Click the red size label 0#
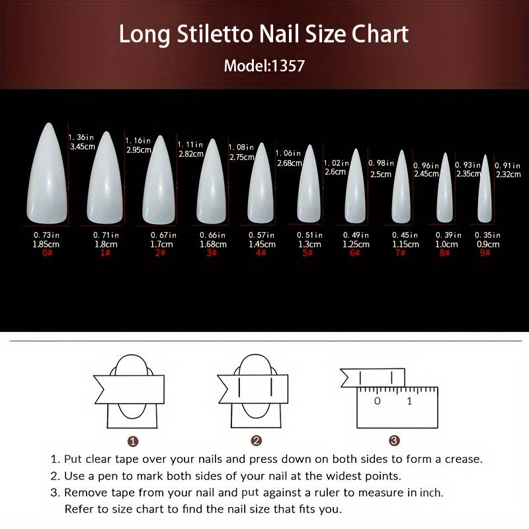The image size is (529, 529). coord(47,253)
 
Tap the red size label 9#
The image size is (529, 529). coord(485,253)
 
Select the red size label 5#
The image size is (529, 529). coord(307,253)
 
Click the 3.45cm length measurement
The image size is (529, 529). coord(83,147)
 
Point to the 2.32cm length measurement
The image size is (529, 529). coord(508,175)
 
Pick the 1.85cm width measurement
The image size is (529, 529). coord(46,244)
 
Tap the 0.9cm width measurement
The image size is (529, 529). coord(488,244)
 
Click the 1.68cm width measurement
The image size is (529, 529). coord(213,244)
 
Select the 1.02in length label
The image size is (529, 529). coord(337,163)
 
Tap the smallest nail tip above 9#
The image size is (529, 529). coord(485,190)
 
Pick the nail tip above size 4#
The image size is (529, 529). coord(261,184)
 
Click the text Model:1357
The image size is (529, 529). coord(264,65)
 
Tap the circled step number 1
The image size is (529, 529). coord(133,441)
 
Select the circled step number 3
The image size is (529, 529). coord(394,440)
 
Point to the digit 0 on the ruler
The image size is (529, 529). coord(378,401)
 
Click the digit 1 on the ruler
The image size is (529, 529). coord(409,401)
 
